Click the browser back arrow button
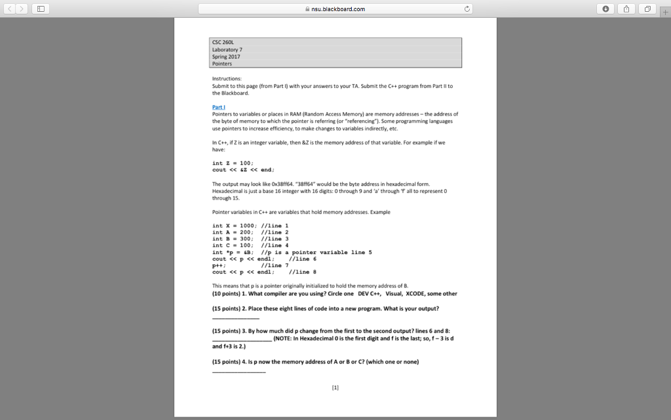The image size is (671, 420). [9, 9]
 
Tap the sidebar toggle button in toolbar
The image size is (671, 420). [41, 9]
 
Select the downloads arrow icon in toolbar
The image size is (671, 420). [606, 9]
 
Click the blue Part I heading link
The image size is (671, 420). [218, 106]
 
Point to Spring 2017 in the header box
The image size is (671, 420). [226, 56]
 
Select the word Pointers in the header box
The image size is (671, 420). [222, 64]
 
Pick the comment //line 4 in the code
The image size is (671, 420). [275, 245]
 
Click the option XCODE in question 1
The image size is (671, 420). [420, 293]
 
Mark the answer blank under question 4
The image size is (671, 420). [239, 371]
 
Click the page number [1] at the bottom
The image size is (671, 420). [335, 387]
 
